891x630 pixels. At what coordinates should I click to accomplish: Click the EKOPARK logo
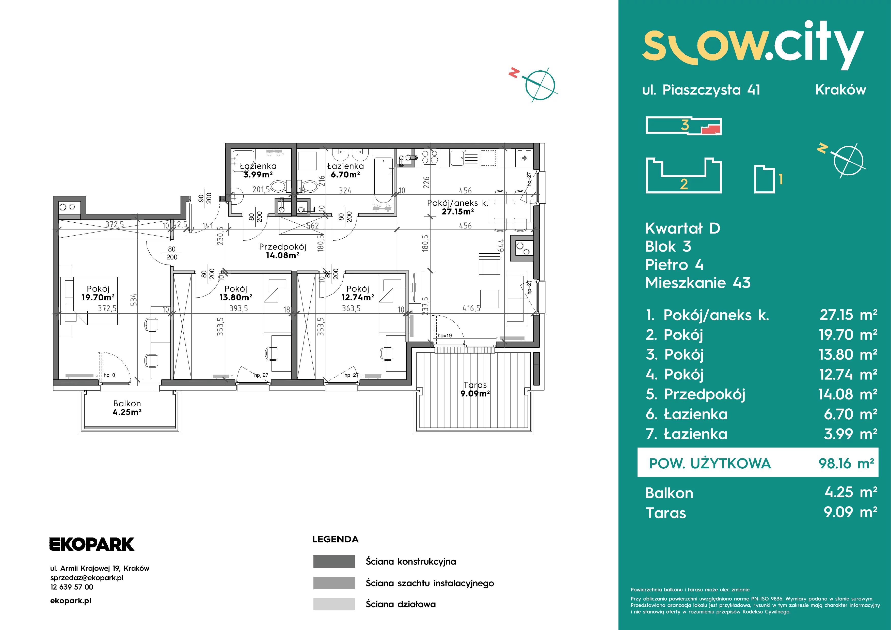[92, 544]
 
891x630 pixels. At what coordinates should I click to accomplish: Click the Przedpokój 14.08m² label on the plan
[282, 251]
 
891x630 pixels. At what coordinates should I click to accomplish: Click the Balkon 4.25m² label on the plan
[127, 408]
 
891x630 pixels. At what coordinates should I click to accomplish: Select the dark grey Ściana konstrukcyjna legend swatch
[334, 561]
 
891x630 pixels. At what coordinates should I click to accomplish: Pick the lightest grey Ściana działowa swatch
[334, 604]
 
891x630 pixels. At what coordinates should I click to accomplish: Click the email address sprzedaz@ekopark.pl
[87, 578]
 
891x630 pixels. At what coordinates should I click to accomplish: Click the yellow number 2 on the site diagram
[684, 184]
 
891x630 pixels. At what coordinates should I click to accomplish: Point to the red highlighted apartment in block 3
[711, 129]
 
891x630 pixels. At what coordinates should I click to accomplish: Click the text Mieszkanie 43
[698, 283]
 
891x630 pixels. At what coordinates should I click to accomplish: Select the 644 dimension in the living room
[501, 245]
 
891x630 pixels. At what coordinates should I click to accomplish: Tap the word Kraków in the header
[840, 90]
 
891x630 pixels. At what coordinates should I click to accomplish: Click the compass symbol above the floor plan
[540, 85]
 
